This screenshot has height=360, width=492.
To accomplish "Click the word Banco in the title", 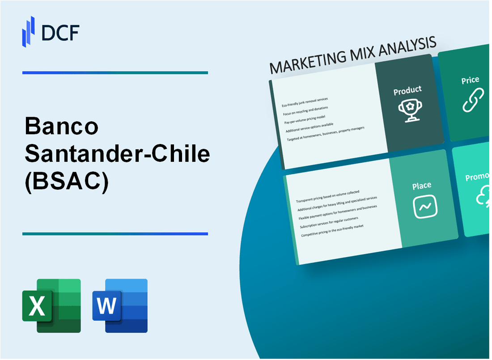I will [x=61, y=128].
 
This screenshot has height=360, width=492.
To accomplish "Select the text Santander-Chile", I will [x=117, y=154].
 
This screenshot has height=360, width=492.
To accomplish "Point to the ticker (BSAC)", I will [x=67, y=181].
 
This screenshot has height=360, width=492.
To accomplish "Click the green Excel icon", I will [x=51, y=305].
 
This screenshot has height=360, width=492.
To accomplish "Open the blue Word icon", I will [x=120, y=305].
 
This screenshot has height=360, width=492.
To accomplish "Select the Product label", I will [x=407, y=91].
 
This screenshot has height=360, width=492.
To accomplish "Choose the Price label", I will [x=470, y=80].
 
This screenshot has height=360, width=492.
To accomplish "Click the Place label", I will [x=422, y=185].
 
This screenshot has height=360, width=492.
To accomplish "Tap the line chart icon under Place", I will [x=425, y=207].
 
